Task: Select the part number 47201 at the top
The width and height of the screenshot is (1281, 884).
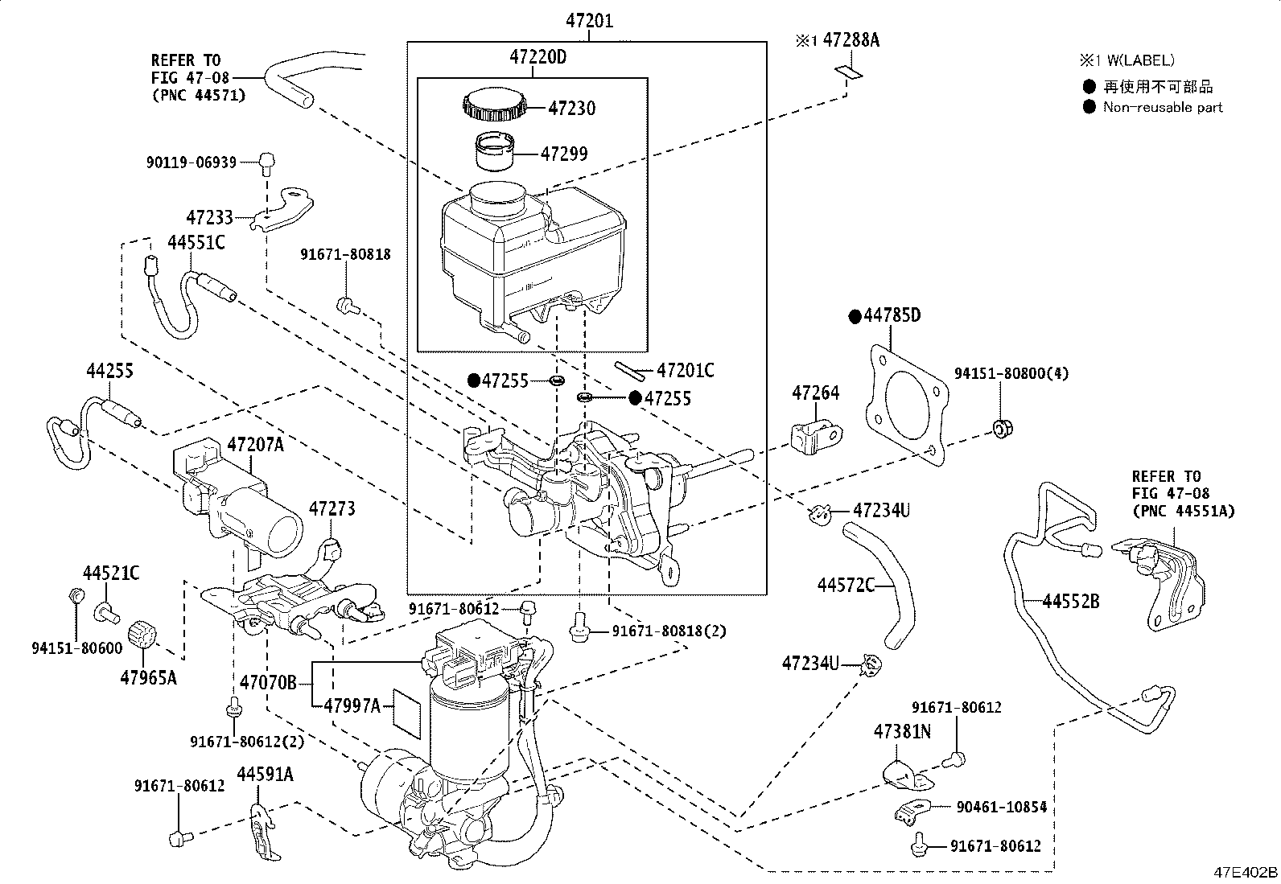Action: point(590,21)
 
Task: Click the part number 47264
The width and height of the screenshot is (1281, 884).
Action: point(815,393)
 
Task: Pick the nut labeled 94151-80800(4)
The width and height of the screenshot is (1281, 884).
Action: point(1003,428)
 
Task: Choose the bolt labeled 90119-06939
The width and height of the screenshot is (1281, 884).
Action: point(267,162)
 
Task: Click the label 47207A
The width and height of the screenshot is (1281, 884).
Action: point(255,444)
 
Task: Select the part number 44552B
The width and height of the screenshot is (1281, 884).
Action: point(1070,601)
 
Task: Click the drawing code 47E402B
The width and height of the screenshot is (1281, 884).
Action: point(1245,872)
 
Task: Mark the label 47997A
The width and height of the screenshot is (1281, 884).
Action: point(352,705)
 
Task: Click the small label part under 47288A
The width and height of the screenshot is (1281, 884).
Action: point(849,72)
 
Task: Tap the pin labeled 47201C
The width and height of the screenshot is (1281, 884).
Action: point(629,371)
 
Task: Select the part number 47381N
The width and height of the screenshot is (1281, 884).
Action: point(902,731)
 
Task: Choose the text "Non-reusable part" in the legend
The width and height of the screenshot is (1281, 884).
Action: point(1163,107)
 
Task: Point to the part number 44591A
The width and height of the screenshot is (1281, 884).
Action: point(265,774)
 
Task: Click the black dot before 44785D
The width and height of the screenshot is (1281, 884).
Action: point(855,316)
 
